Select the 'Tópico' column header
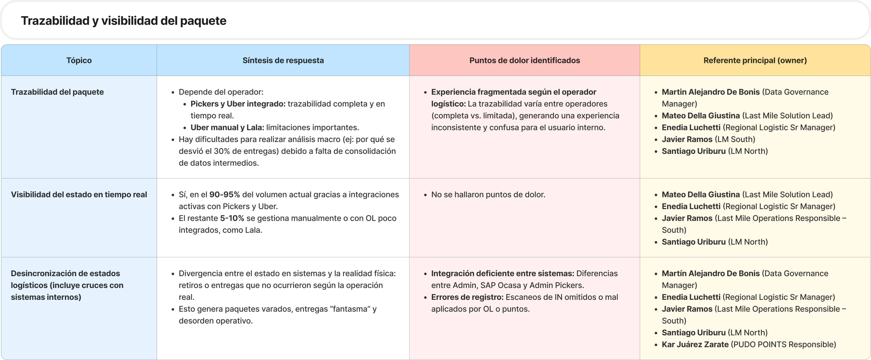point(79,60)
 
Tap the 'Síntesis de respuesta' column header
point(283,60)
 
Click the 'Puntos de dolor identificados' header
point(525,60)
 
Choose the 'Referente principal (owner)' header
point(755,60)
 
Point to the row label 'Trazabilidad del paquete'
point(57,92)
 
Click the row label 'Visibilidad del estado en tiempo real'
point(79,195)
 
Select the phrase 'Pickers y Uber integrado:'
point(238,104)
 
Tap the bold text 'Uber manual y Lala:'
point(227,127)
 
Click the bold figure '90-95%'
point(224,195)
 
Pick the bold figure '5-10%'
point(232,218)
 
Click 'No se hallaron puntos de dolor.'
point(488,195)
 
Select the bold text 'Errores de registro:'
point(467,297)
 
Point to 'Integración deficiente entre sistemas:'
point(502,273)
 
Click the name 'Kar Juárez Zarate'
point(695,344)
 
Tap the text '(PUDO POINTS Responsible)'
point(783,344)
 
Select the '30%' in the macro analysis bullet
point(221,151)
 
